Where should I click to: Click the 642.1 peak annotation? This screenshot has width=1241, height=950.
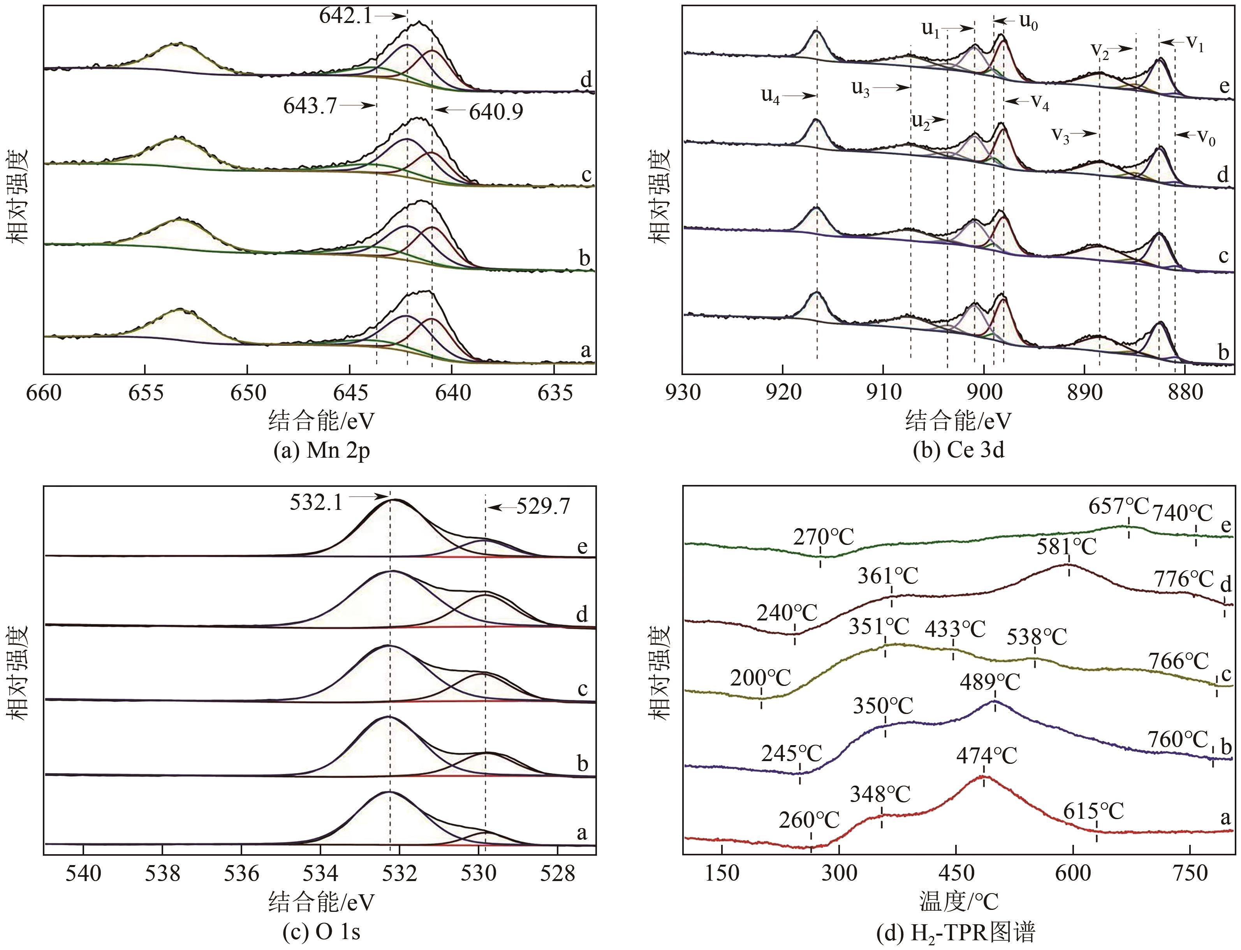click(x=345, y=16)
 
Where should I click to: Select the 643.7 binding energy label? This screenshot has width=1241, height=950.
click(x=310, y=106)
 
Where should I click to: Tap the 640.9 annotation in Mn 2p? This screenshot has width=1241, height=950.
click(x=496, y=112)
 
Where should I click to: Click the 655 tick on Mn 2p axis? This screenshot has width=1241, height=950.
click(x=145, y=393)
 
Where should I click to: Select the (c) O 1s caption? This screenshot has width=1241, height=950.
click(x=317, y=932)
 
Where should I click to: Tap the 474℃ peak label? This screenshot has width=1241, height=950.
click(x=987, y=756)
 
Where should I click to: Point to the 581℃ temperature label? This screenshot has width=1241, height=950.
click(x=1066, y=547)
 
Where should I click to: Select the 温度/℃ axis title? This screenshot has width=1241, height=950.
click(x=959, y=902)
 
